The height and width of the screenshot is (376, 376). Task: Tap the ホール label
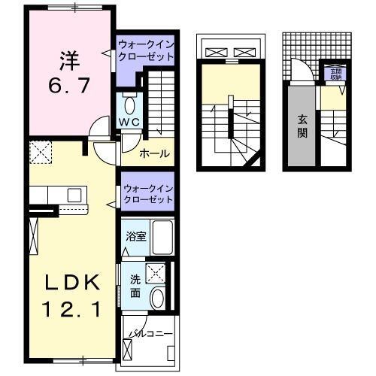pos(153,154)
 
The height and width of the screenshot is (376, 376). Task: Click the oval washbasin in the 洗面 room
pos(158,299)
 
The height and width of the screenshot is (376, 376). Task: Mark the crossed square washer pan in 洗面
pos(156,272)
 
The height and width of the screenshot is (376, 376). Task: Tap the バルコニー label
pos(150,332)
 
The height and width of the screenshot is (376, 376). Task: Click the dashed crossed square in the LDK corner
pos(40,154)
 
